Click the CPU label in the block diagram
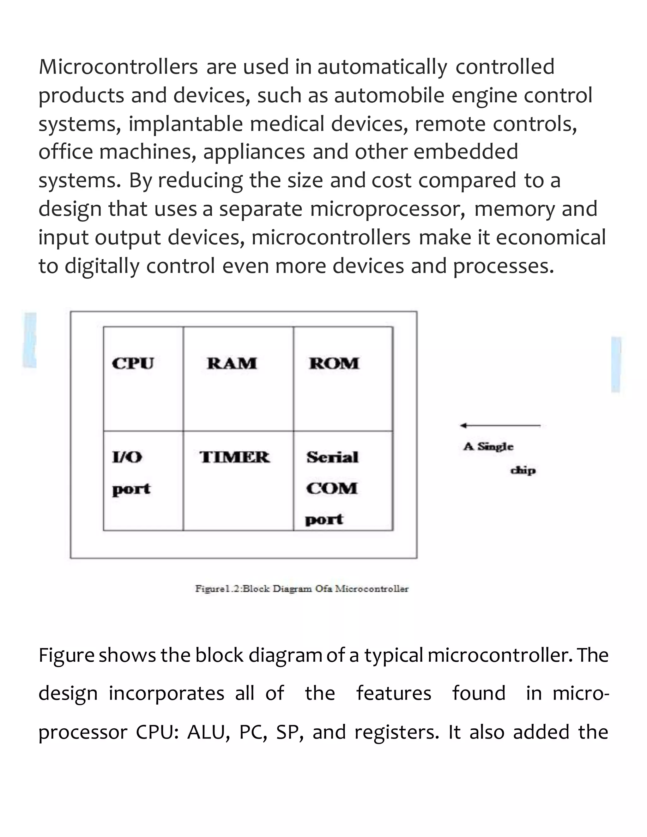click(133, 363)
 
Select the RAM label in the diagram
click(232, 363)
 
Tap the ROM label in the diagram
click(334, 363)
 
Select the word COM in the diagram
click(331, 488)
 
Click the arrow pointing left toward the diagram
click(500, 425)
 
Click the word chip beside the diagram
click(523, 470)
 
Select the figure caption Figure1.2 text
click(302, 589)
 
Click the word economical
click(551, 237)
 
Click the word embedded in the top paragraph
click(466, 152)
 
